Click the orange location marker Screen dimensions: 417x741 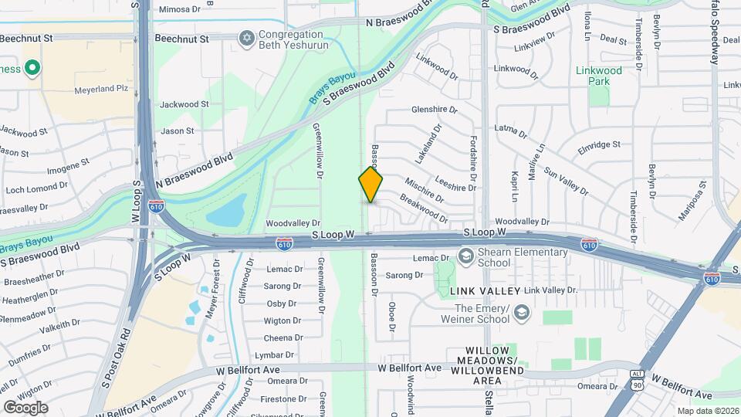371,185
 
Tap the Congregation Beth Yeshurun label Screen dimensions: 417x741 293,40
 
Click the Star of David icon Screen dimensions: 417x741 247,38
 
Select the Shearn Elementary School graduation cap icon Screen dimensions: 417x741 465,255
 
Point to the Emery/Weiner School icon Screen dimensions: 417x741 521,312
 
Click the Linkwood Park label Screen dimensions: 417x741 598,76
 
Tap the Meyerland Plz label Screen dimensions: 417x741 100,90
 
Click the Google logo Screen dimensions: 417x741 25,407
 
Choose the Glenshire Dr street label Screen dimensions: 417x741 435,110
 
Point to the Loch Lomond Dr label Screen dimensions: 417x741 32,188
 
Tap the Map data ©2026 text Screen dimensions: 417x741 706,411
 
